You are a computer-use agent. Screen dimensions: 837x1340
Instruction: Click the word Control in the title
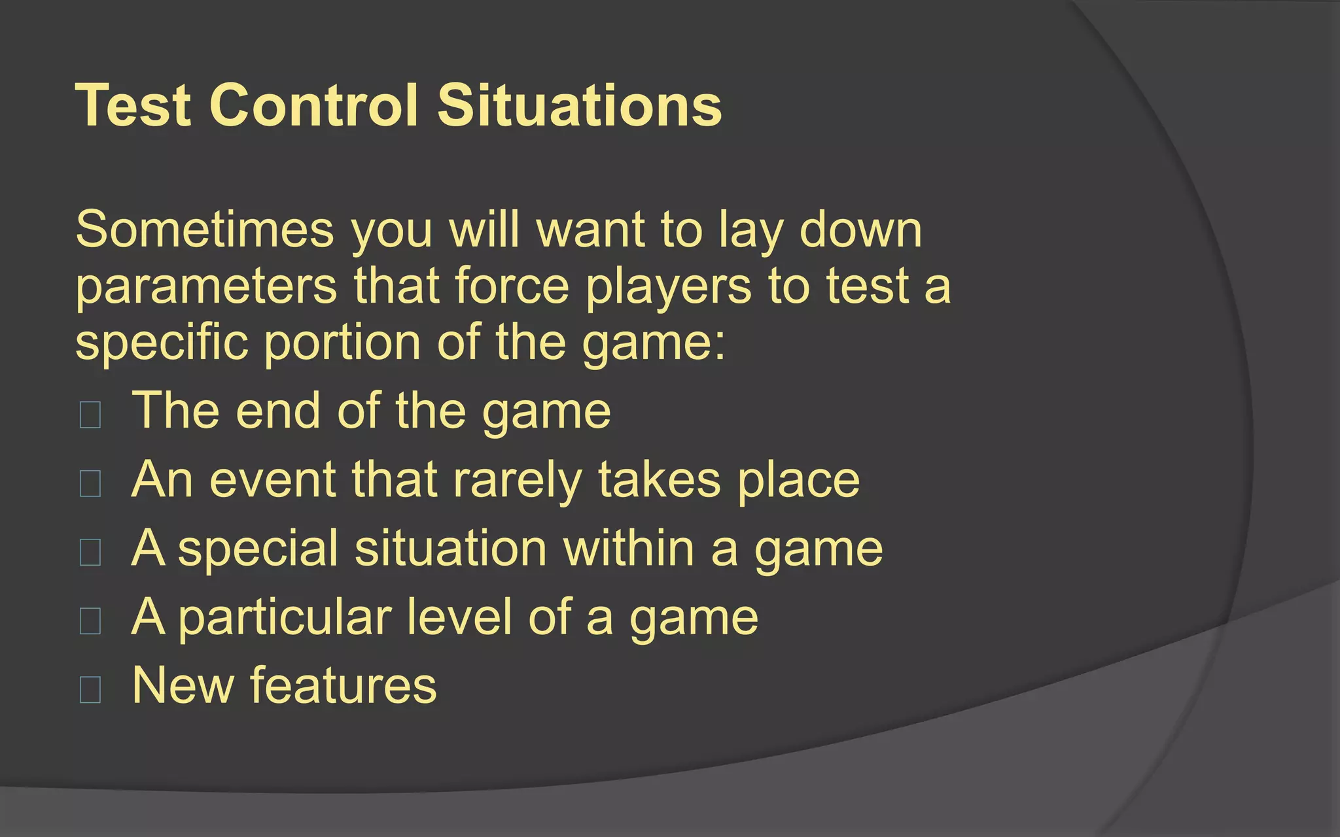[313, 105]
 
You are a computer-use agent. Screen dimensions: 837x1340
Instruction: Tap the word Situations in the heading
[579, 105]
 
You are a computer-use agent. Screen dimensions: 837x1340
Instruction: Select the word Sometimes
[205, 230]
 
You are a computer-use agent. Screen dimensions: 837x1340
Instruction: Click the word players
[668, 286]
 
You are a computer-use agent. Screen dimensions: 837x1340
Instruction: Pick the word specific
[162, 343]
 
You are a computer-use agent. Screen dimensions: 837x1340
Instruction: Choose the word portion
[342, 343]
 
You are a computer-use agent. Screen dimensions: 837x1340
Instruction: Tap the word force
[512, 286]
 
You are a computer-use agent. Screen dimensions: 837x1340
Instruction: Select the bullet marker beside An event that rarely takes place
[90, 483]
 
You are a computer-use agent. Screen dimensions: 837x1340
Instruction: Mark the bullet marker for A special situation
[90, 552]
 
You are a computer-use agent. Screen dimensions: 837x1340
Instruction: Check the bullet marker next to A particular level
[90, 621]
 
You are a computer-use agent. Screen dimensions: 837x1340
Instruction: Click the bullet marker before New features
[90, 689]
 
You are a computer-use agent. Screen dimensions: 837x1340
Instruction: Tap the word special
[258, 549]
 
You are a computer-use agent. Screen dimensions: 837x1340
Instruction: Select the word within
[629, 548]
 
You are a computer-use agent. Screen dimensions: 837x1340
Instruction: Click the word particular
[285, 618]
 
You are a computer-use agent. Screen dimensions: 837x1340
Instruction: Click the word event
[273, 479]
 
